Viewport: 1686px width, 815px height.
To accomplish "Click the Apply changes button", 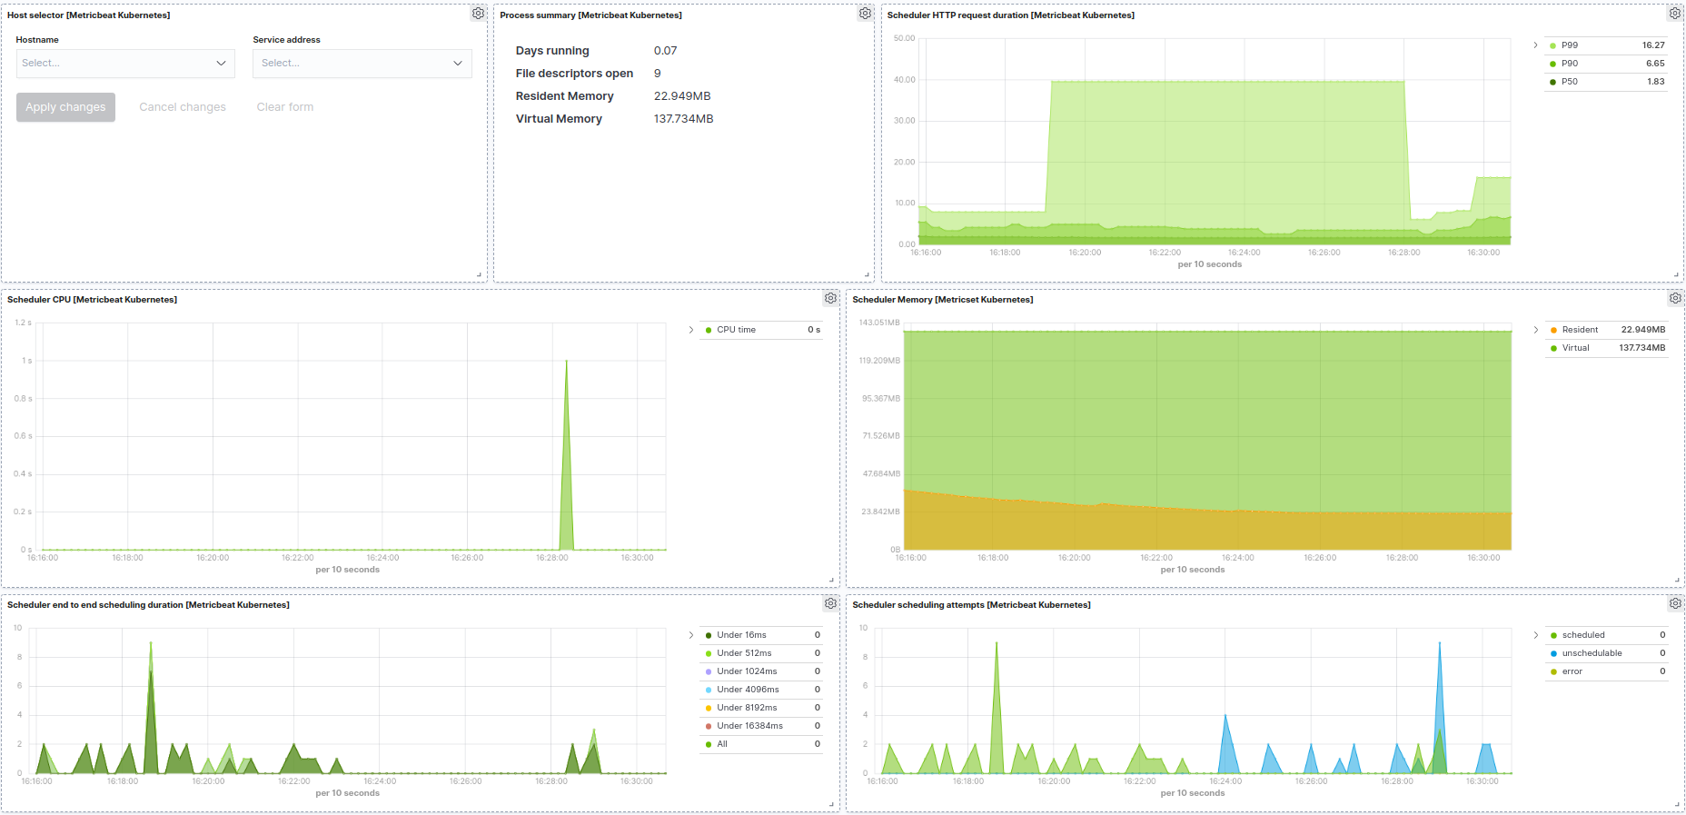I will [x=65, y=107].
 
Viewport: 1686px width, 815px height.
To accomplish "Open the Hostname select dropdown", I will [x=125, y=64].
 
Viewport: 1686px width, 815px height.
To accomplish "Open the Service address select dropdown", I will [x=362, y=64].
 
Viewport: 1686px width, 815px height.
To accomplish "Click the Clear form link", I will [x=284, y=107].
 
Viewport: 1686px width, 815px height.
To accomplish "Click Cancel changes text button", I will [x=183, y=107].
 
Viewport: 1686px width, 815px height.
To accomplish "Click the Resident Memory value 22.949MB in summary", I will [x=682, y=96].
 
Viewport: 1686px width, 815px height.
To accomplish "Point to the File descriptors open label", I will [x=574, y=74].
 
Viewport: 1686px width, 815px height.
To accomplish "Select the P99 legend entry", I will [x=1570, y=45].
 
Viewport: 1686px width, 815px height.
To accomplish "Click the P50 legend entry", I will [x=1570, y=82].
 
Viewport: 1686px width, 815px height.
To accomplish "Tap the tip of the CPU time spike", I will [x=567, y=362].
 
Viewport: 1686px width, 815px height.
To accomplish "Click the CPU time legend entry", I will [x=736, y=330].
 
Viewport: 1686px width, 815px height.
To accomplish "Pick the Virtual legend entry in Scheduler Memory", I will [x=1575, y=348].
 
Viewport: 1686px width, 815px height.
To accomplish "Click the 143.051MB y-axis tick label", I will [x=878, y=323].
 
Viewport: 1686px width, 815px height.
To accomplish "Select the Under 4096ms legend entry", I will [x=748, y=690].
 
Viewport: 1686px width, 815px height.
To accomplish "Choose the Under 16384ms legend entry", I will [x=749, y=726].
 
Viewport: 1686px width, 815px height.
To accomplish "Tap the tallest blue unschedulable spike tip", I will [x=1439, y=643].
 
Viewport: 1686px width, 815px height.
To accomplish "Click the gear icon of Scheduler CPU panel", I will [x=830, y=298].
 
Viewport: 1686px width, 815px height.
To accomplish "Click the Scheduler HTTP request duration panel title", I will [x=1010, y=15].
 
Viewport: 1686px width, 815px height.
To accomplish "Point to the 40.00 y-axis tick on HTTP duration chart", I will [x=904, y=80].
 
